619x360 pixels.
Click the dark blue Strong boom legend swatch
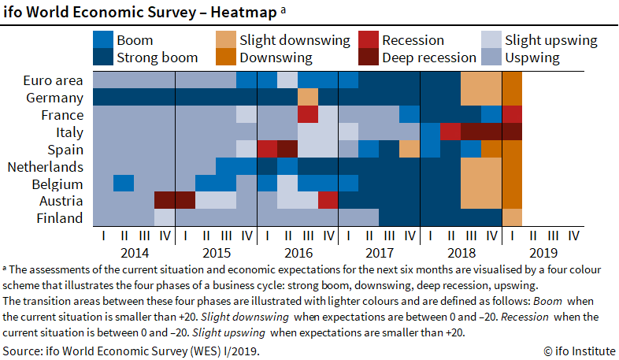(x=102, y=58)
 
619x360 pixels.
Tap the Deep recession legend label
(x=429, y=58)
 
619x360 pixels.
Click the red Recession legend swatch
(x=369, y=40)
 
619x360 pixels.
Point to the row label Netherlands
(x=45, y=166)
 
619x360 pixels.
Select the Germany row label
(x=54, y=98)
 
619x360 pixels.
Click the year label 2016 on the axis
(x=298, y=253)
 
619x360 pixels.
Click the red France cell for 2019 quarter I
(x=512, y=114)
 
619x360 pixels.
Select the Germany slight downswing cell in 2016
(x=307, y=97)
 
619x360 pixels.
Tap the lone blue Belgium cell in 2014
(x=123, y=183)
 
